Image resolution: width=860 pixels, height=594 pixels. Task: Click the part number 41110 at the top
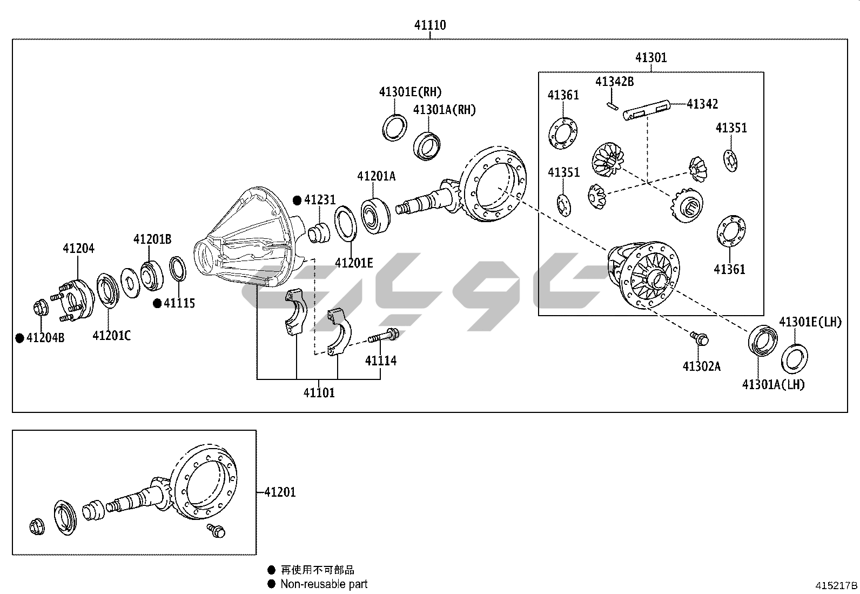[430, 25]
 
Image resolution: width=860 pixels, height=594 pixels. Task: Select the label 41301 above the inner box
[650, 57]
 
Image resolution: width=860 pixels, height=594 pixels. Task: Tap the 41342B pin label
[614, 82]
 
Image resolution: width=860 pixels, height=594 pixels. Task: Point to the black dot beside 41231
[297, 201]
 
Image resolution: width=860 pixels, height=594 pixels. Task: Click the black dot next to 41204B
[19, 338]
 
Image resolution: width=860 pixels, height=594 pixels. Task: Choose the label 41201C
[111, 336]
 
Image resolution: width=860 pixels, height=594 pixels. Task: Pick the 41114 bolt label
[380, 361]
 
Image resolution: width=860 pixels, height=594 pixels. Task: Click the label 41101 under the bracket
[319, 393]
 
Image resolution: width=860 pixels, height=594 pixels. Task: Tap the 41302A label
[701, 366]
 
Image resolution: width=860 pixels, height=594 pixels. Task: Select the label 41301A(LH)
[773, 385]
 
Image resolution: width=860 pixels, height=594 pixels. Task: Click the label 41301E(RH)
[410, 92]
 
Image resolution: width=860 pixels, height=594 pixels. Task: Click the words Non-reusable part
[324, 584]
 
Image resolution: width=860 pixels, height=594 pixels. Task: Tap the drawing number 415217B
[836, 585]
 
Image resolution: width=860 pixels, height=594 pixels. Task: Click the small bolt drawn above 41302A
[699, 339]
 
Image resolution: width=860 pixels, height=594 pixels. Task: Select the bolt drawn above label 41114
[383, 337]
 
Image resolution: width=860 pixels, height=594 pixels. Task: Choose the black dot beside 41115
[157, 304]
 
